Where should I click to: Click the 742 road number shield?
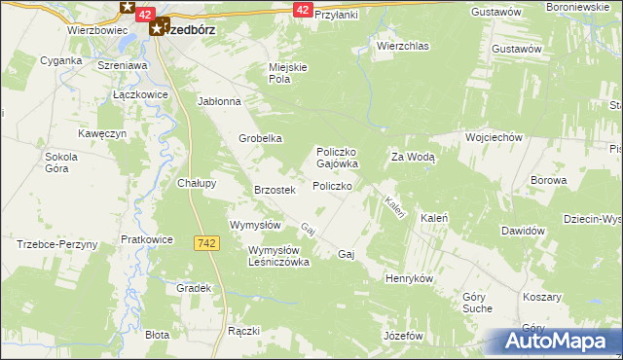coord(204,243)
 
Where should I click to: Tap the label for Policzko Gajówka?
coord(338,158)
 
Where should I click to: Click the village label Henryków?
coord(408,278)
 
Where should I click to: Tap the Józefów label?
coord(407,335)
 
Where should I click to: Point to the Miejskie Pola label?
coord(288,73)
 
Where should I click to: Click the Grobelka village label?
coord(261,138)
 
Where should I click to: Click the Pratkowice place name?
coord(147,238)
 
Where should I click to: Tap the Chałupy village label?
coord(197,182)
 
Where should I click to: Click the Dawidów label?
coord(521,231)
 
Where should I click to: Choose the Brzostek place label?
coord(274,190)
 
